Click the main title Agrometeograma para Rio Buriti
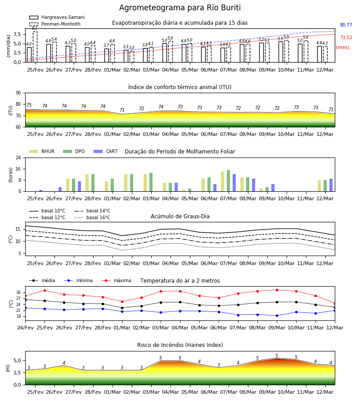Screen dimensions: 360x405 [180, 8]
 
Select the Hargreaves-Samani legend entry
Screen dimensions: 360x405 [57, 17]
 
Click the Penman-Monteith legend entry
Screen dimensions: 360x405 [55, 24]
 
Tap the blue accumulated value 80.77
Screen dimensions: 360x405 [346, 25]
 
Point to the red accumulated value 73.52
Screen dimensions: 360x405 [346, 37]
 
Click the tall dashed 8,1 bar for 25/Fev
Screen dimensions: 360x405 [35, 47]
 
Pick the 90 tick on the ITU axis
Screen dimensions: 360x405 [18, 93]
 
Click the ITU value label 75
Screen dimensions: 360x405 [29, 105]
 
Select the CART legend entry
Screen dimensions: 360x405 [106, 151]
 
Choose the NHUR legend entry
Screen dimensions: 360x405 [42, 151]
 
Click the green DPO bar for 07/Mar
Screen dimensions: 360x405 [228, 181]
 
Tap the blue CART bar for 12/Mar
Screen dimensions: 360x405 [331, 185]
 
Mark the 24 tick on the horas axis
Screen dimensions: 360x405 [18, 157]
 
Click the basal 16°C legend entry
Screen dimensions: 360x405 [92, 217]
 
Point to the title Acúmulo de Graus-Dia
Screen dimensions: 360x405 [180, 216]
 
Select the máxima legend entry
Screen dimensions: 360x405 [116, 280]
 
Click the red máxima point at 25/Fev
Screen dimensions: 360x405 [45, 291]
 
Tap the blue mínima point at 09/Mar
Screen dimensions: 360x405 [277, 315]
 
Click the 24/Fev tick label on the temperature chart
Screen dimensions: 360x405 [25, 328]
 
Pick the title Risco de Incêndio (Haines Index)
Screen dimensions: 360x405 [180, 345]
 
